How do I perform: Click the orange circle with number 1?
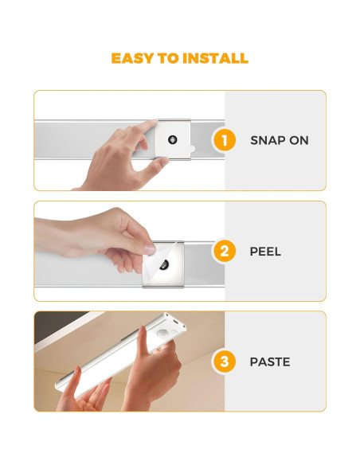click(x=224, y=140)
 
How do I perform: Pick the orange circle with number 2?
click(x=224, y=252)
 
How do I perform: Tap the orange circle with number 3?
click(x=224, y=361)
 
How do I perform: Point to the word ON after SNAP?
click(x=299, y=140)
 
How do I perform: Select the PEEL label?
click(x=265, y=252)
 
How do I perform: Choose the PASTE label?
click(x=269, y=361)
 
